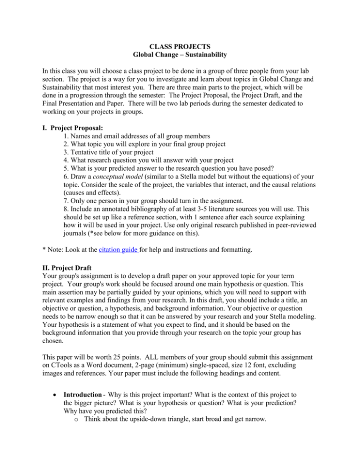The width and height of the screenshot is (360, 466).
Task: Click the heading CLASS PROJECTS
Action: pos(180,47)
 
